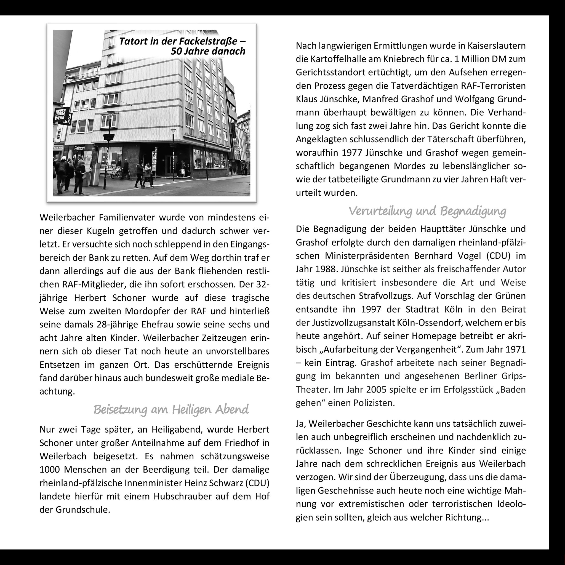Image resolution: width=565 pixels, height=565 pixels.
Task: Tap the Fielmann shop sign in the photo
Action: pos(79,148)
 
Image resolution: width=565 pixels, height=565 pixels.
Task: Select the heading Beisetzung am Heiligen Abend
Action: pos(171,409)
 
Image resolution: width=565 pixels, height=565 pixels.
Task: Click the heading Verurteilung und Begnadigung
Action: pos(427,211)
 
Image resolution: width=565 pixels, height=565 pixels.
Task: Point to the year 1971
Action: pos(515,350)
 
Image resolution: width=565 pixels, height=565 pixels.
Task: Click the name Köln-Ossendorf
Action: pos(430,323)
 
